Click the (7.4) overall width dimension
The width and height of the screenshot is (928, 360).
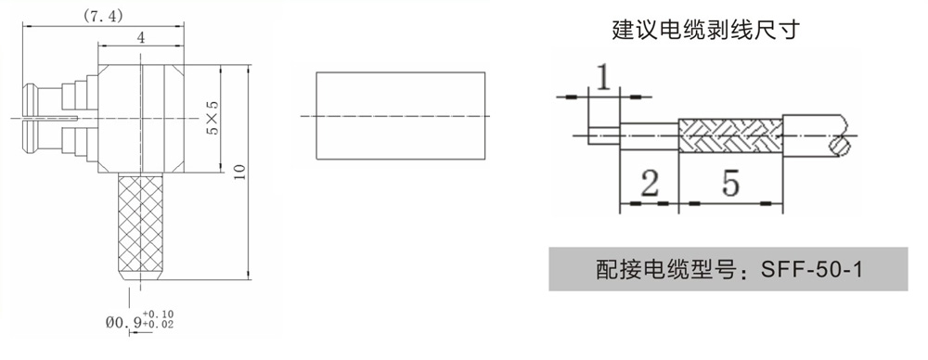103,17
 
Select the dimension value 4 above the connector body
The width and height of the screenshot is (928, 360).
141,38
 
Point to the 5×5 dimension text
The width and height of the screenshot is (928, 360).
213,117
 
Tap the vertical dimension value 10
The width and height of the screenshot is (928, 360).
239,172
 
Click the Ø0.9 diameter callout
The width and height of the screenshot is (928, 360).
123,323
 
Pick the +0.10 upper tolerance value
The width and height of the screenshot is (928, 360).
159,314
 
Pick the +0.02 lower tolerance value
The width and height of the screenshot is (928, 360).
159,325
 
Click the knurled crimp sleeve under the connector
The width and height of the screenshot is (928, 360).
141,226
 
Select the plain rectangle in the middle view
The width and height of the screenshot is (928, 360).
401,115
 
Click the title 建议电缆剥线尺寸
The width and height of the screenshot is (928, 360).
705,30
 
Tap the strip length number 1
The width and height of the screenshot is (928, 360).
603,78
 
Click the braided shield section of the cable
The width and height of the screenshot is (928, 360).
730,135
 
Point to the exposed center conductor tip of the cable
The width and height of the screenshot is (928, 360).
604,135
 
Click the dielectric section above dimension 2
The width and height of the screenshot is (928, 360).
650,135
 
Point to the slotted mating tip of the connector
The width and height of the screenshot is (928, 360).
31,119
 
